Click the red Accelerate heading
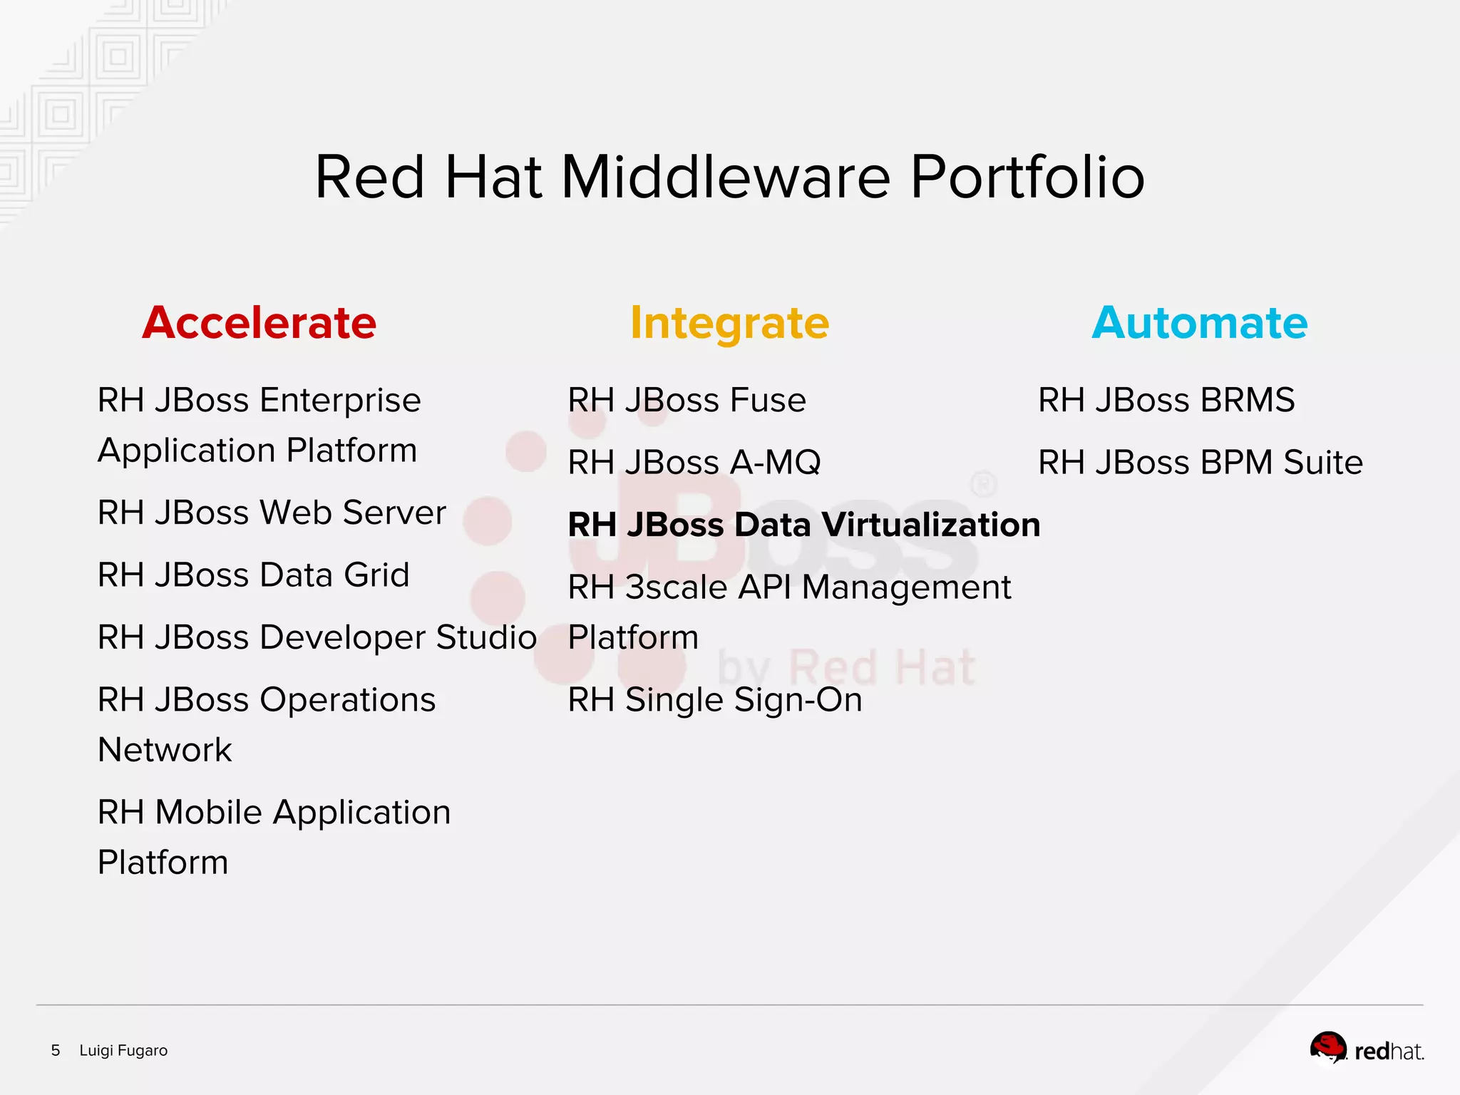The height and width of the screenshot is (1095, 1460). pyautogui.click(x=259, y=323)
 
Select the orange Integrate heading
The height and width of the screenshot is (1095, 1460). pyautogui.click(x=729, y=323)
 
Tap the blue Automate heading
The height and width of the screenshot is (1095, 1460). pyautogui.click(x=1200, y=323)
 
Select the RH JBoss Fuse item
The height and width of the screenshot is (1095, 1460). pyautogui.click(x=687, y=400)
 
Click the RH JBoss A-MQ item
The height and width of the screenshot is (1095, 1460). pyautogui.click(x=694, y=463)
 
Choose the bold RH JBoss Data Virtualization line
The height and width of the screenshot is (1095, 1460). pyautogui.click(x=803, y=525)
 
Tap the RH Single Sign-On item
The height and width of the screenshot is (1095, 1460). pyautogui.click(x=714, y=700)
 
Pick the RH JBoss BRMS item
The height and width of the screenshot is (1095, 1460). pyautogui.click(x=1166, y=400)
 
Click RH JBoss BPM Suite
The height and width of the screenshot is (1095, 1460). pyautogui.click(x=1200, y=463)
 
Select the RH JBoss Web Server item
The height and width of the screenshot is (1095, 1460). pyautogui.click(x=272, y=513)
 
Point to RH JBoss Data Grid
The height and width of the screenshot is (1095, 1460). pyautogui.click(x=253, y=575)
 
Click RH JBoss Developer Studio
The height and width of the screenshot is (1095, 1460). pyautogui.click(x=317, y=637)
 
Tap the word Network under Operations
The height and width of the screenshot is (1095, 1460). pyautogui.click(x=165, y=750)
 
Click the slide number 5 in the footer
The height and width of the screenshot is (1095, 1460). pyautogui.click(x=56, y=1050)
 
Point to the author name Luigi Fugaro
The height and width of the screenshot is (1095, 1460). pyautogui.click(x=123, y=1050)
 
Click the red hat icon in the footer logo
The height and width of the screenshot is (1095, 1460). pyautogui.click(x=1328, y=1047)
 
